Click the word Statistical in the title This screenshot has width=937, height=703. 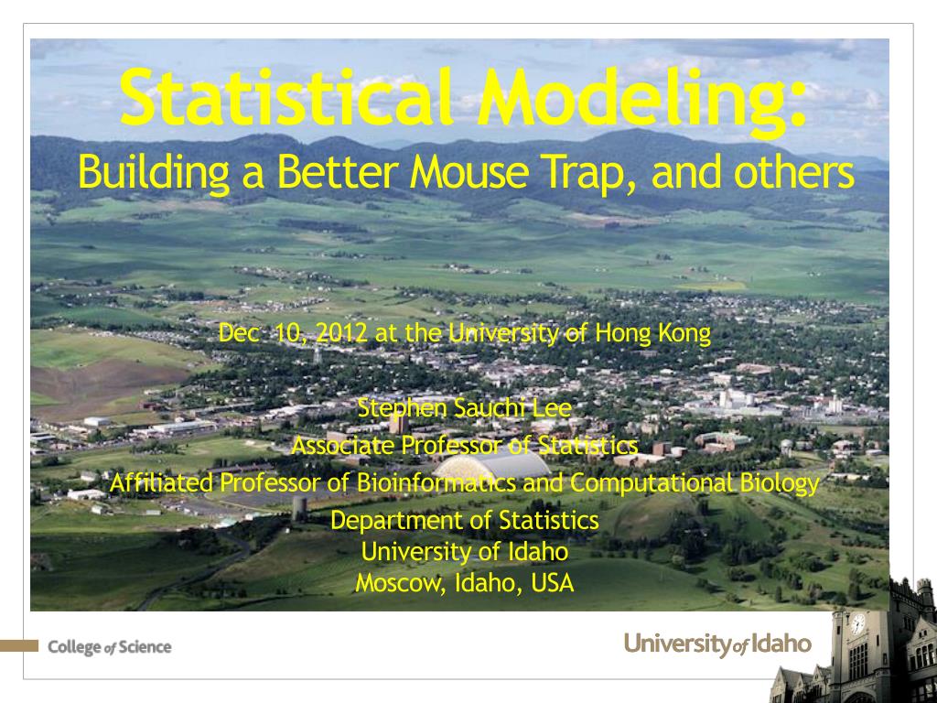pos(286,97)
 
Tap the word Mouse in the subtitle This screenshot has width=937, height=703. pos(469,171)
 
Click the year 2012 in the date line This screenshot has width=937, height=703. pos(341,333)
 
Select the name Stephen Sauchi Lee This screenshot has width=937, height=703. pos(464,408)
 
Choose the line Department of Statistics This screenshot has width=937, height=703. pos(464,521)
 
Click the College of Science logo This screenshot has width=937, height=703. pos(110,647)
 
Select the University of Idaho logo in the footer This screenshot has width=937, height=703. pos(717,644)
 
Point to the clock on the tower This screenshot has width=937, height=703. pos(858,624)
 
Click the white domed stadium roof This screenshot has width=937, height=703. pos(491,466)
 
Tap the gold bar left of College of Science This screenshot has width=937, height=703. pos(19,645)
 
